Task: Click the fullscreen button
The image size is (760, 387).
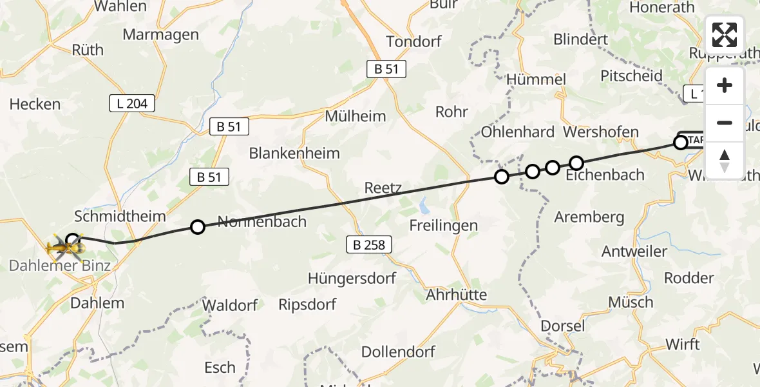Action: (x=725, y=35)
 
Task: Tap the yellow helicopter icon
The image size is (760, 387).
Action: (x=65, y=246)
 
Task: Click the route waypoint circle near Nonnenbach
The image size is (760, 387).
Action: (x=198, y=226)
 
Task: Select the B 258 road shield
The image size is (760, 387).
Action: (x=370, y=244)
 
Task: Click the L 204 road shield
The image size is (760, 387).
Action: (x=132, y=103)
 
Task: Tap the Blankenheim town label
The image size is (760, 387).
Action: (x=294, y=154)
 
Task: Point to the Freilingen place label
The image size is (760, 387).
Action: (x=444, y=225)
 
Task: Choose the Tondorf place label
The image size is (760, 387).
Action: (x=413, y=41)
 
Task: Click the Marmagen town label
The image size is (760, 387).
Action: (x=160, y=34)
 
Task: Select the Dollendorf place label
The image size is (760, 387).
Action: (x=398, y=352)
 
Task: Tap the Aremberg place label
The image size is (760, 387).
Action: (x=589, y=217)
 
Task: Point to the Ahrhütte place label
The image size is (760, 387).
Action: (x=457, y=295)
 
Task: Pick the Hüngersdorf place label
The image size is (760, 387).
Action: (x=352, y=278)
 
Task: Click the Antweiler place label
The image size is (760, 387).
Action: (x=634, y=251)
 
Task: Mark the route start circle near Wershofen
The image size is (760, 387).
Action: (x=681, y=143)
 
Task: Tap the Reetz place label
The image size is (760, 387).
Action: (x=383, y=188)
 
